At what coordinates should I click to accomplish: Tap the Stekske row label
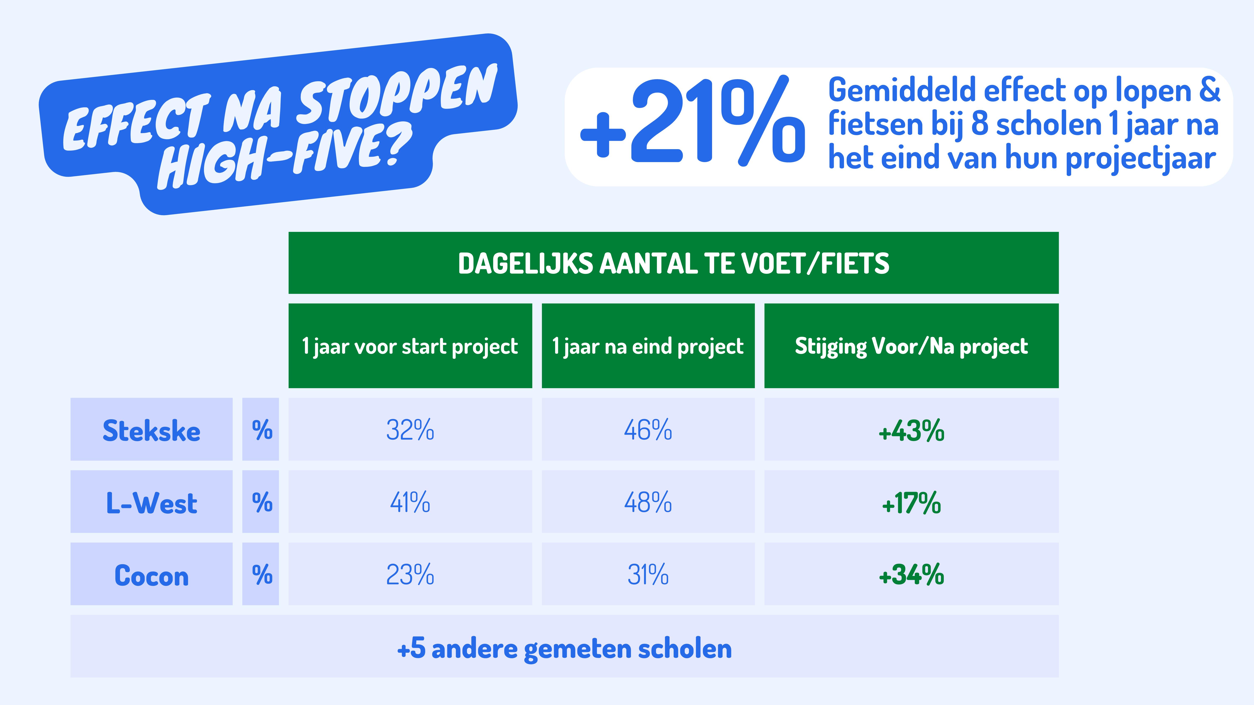click(x=151, y=431)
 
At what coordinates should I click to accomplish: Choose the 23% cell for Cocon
click(x=410, y=575)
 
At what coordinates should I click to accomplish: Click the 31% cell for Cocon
click(x=648, y=575)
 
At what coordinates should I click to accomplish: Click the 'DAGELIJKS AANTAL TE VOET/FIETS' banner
click(x=673, y=263)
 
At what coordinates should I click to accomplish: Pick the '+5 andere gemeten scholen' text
click(x=564, y=649)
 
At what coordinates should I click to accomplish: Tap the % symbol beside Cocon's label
click(x=261, y=575)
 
